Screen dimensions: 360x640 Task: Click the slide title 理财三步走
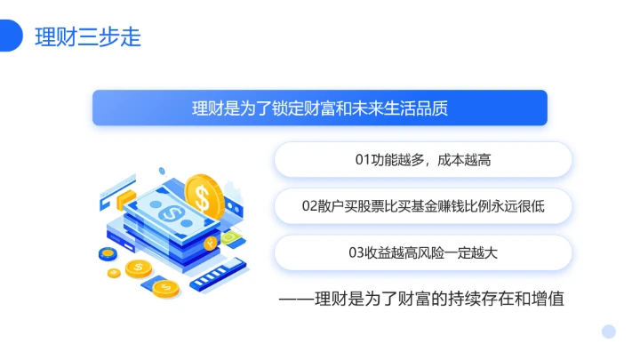tap(87, 37)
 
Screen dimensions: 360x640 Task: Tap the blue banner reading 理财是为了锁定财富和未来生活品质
tap(319, 108)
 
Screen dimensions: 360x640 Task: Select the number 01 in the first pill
tap(362, 160)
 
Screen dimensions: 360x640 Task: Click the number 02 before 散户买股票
tap(309, 206)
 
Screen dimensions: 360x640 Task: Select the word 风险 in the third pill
tap(432, 252)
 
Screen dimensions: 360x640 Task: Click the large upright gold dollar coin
tap(204, 196)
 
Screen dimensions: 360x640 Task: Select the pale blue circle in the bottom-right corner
tap(609, 332)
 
